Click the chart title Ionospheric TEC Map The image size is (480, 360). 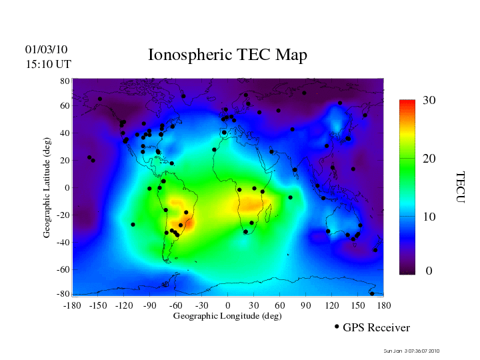pos(227,55)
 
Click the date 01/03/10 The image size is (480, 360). pos(46,50)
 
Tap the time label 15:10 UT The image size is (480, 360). pos(48,64)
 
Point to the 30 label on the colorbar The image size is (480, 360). pos(429,101)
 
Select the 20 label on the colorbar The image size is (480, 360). pos(429,160)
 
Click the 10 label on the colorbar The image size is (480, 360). pos(429,217)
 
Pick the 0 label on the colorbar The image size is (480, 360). pos(429,271)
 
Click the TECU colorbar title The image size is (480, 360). pos(459,187)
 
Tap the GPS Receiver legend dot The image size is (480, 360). pos(337,327)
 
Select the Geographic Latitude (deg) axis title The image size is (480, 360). pos(47,189)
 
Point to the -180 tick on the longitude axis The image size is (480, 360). pos(71,305)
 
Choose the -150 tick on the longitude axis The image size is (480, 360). pos(97,305)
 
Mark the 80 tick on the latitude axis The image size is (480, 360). pos(65,81)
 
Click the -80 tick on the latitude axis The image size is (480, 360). pos(63,294)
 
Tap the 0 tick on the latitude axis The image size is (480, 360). pos(67,188)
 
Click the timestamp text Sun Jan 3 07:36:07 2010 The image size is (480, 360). pos(411,351)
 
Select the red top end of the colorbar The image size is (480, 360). pos(407,103)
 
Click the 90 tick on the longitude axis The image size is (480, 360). pos(306,305)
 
